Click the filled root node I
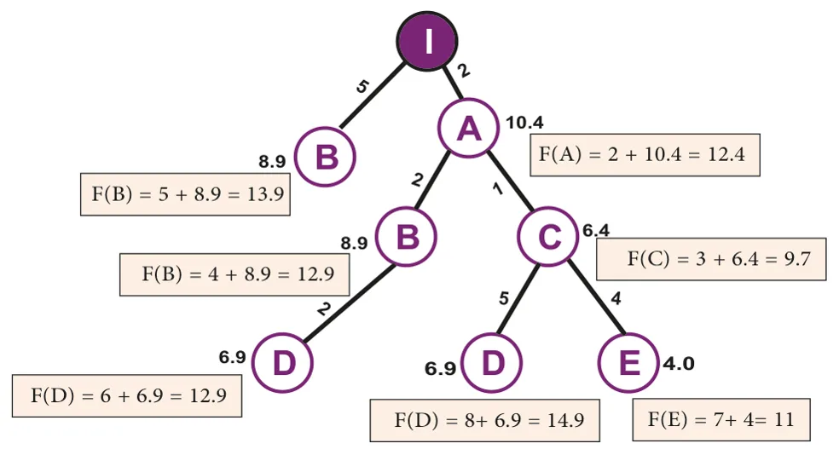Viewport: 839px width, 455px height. click(427, 41)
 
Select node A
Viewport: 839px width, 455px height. click(469, 128)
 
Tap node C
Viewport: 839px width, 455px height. click(548, 236)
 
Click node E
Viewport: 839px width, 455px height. click(628, 362)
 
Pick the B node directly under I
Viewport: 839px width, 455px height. click(326, 157)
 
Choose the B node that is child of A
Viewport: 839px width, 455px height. click(406, 236)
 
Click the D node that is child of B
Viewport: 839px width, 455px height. click(282, 362)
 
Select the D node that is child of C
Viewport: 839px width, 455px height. click(491, 362)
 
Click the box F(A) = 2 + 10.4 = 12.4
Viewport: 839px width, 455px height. click(645, 154)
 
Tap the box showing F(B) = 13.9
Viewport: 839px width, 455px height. click(185, 194)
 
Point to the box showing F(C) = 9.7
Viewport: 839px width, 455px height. click(711, 259)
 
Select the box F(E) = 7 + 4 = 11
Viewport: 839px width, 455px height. click(721, 420)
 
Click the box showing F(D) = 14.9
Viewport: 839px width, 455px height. click(485, 420)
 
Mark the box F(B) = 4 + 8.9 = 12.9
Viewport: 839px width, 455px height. click(234, 274)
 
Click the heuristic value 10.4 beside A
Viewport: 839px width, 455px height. click(524, 123)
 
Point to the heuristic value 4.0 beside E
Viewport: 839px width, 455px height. click(679, 364)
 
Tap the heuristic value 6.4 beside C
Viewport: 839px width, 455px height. click(596, 230)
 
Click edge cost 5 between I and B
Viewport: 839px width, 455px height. click(362, 86)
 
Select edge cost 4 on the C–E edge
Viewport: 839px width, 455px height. click(616, 298)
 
